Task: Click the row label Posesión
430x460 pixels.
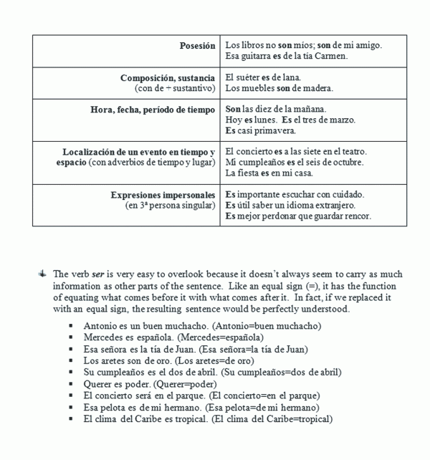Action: pyautogui.click(x=197, y=45)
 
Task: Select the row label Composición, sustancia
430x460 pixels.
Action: pyautogui.click(x=168, y=77)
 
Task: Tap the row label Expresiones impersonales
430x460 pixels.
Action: pyautogui.click(x=163, y=195)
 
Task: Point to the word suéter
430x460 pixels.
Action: pyautogui.click(x=249, y=77)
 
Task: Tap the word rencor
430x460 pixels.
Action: pyautogui.click(x=358, y=216)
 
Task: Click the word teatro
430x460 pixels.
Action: pyautogui.click(x=353, y=152)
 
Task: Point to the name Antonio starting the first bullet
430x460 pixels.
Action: pyautogui.click(x=100, y=326)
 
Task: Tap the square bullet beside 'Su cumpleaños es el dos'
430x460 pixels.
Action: pyautogui.click(x=72, y=372)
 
